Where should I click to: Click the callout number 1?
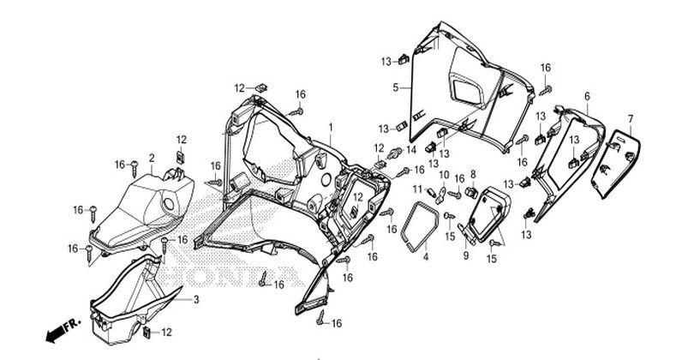(330, 127)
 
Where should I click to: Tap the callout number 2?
(152, 158)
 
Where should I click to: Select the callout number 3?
(196, 300)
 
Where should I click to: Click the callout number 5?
(587, 96)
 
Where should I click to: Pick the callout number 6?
(631, 118)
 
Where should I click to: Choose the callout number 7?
(473, 174)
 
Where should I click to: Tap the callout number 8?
(465, 255)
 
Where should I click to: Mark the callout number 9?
(444, 175)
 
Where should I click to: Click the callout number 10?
(418, 189)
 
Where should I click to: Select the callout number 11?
(411, 150)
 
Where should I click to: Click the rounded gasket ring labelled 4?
(473, 192)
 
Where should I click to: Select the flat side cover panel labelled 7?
(169, 204)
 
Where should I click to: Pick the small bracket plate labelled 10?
(393, 153)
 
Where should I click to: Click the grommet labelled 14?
(431, 192)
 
